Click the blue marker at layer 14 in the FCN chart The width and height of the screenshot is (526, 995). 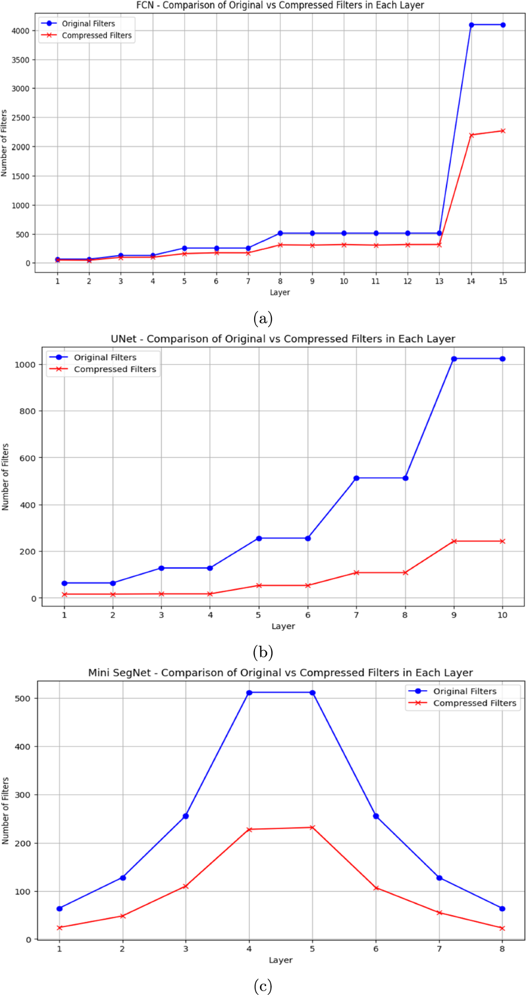471,25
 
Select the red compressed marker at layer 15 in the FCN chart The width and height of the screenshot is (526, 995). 503,131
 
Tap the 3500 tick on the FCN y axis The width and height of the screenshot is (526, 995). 21,60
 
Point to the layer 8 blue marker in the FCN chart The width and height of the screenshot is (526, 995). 280,233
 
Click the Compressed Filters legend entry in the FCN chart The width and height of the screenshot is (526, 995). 96,36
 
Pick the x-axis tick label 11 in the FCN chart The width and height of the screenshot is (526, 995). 376,282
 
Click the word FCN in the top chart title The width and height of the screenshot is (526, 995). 145,5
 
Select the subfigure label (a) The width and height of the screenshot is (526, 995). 263,318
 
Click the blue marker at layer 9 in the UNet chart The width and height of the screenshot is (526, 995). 454,359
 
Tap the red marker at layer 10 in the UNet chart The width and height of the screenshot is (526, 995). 502,541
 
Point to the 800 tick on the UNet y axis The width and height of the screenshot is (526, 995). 27,411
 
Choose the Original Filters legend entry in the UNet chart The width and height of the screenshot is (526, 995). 105,357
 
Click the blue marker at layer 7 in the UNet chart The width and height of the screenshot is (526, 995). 356,478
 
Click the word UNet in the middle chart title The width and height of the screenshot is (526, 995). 123,339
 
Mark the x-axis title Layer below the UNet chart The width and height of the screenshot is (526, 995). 283,626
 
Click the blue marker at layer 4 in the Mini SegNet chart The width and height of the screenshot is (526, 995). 249,693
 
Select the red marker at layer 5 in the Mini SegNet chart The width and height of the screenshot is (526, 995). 313,827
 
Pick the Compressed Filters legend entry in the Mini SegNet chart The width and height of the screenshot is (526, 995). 474,703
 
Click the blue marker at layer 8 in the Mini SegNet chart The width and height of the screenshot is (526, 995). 502,909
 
